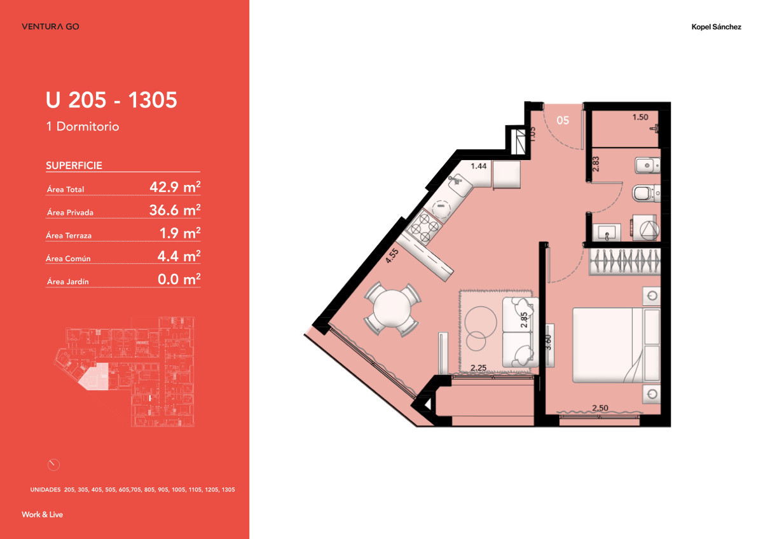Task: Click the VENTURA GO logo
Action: [50, 27]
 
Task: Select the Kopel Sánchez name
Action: [716, 27]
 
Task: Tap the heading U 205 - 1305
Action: [111, 100]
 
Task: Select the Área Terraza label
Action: [69, 236]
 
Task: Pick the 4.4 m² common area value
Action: [179, 257]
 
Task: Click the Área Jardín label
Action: [66, 282]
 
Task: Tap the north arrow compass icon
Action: [53, 465]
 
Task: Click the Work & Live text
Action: [42, 514]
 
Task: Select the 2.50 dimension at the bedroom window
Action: [601, 408]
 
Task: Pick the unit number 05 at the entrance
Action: [562, 119]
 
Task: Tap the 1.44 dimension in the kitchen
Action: [478, 166]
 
